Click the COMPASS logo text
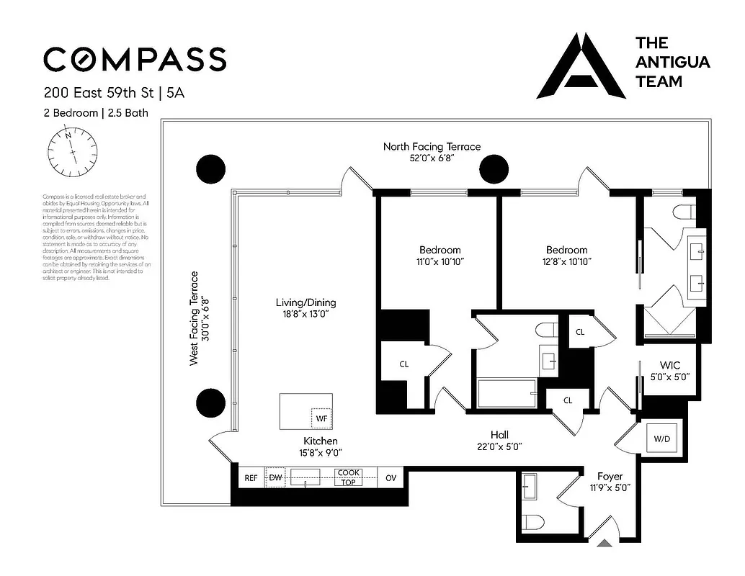point(135,59)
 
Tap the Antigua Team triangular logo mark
point(580,66)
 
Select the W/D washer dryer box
point(660,438)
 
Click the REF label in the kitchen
point(251,478)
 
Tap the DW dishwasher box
point(275,477)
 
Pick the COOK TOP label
point(349,477)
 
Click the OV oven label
point(391,478)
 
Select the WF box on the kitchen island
point(321,418)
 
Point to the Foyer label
point(610,476)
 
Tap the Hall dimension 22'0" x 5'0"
point(499,446)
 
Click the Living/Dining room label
point(306,302)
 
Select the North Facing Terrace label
point(432,146)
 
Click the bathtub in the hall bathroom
point(507,394)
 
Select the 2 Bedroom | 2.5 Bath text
point(96,113)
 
